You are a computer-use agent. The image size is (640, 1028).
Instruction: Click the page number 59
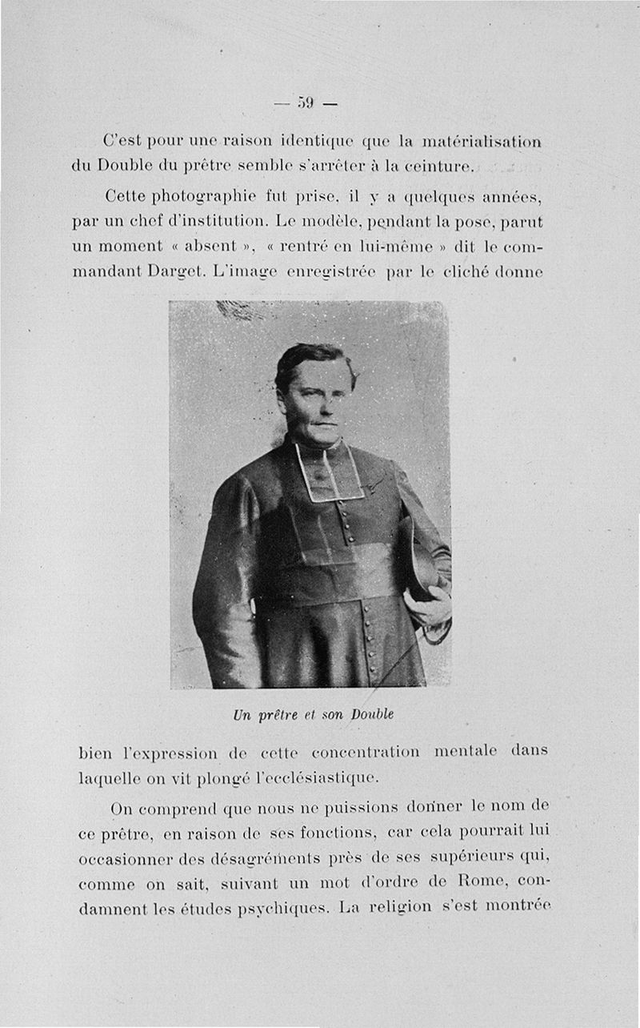pos(305,102)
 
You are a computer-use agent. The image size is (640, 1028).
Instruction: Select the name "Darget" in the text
pos(174,271)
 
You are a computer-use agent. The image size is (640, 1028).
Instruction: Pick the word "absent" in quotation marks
pos(210,246)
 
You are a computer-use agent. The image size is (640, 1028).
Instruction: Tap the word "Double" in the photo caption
pos(372,714)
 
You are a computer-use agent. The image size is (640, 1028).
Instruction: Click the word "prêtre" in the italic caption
pos(277,714)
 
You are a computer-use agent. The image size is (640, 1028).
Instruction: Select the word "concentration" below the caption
pos(366,752)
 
